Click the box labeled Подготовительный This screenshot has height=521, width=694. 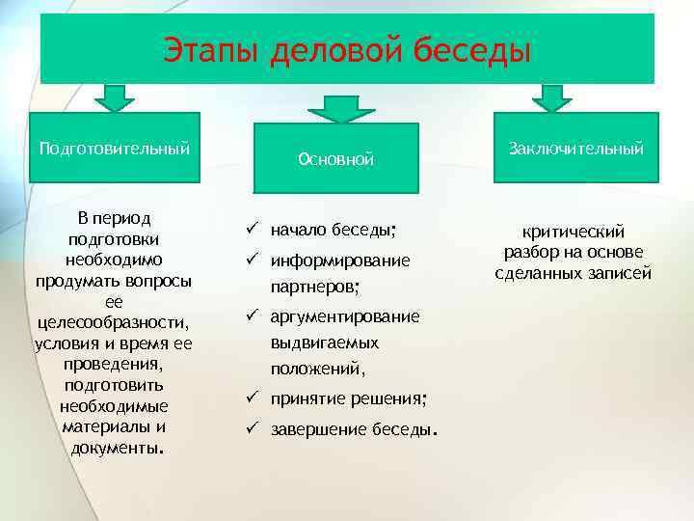pyautogui.click(x=114, y=148)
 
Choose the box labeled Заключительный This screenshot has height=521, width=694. pyautogui.click(x=576, y=148)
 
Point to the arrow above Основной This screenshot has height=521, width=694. pyautogui.click(x=334, y=107)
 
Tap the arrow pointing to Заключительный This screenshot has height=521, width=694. pyautogui.click(x=550, y=96)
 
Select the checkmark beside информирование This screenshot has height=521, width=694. pyautogui.click(x=250, y=260)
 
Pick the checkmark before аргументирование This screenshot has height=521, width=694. pyautogui.click(x=250, y=316)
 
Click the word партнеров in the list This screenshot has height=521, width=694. pyautogui.click(x=315, y=288)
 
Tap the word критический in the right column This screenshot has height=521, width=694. pyautogui.click(x=574, y=232)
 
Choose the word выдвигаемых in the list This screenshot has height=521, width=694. pyautogui.click(x=324, y=343)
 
